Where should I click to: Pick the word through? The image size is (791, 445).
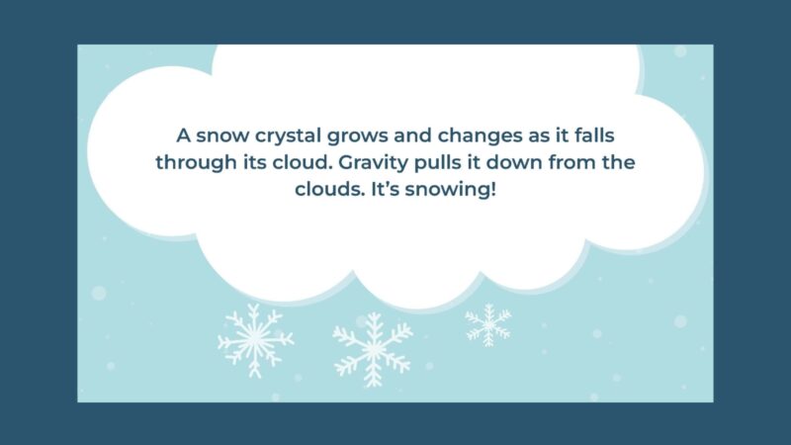194,162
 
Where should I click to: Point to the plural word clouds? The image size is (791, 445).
328,188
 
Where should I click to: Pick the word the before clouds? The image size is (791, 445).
641,162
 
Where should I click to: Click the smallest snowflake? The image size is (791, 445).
488,325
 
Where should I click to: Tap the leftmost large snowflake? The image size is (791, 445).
255,339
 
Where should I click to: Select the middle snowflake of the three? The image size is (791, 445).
372,348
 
